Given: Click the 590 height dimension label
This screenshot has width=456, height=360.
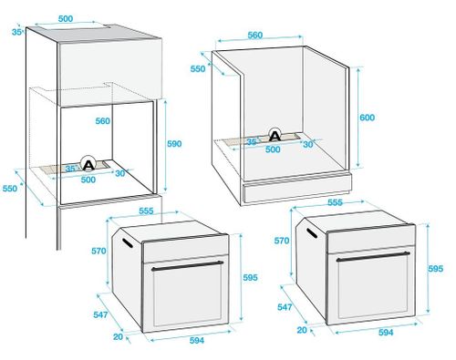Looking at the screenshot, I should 174,143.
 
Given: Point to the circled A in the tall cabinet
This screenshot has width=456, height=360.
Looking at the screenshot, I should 88,165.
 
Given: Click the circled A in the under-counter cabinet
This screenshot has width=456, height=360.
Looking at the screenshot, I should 273,135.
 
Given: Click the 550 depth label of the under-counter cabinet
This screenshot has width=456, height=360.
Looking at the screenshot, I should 198,67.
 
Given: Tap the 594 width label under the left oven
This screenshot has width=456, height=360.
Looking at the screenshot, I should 196,339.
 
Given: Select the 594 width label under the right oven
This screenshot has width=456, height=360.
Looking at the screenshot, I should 386,333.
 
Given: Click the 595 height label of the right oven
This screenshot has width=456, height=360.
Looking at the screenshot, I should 436,269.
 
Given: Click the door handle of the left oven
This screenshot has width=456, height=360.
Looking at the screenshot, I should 187,266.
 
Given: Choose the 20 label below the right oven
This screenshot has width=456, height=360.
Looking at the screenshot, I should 302,330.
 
